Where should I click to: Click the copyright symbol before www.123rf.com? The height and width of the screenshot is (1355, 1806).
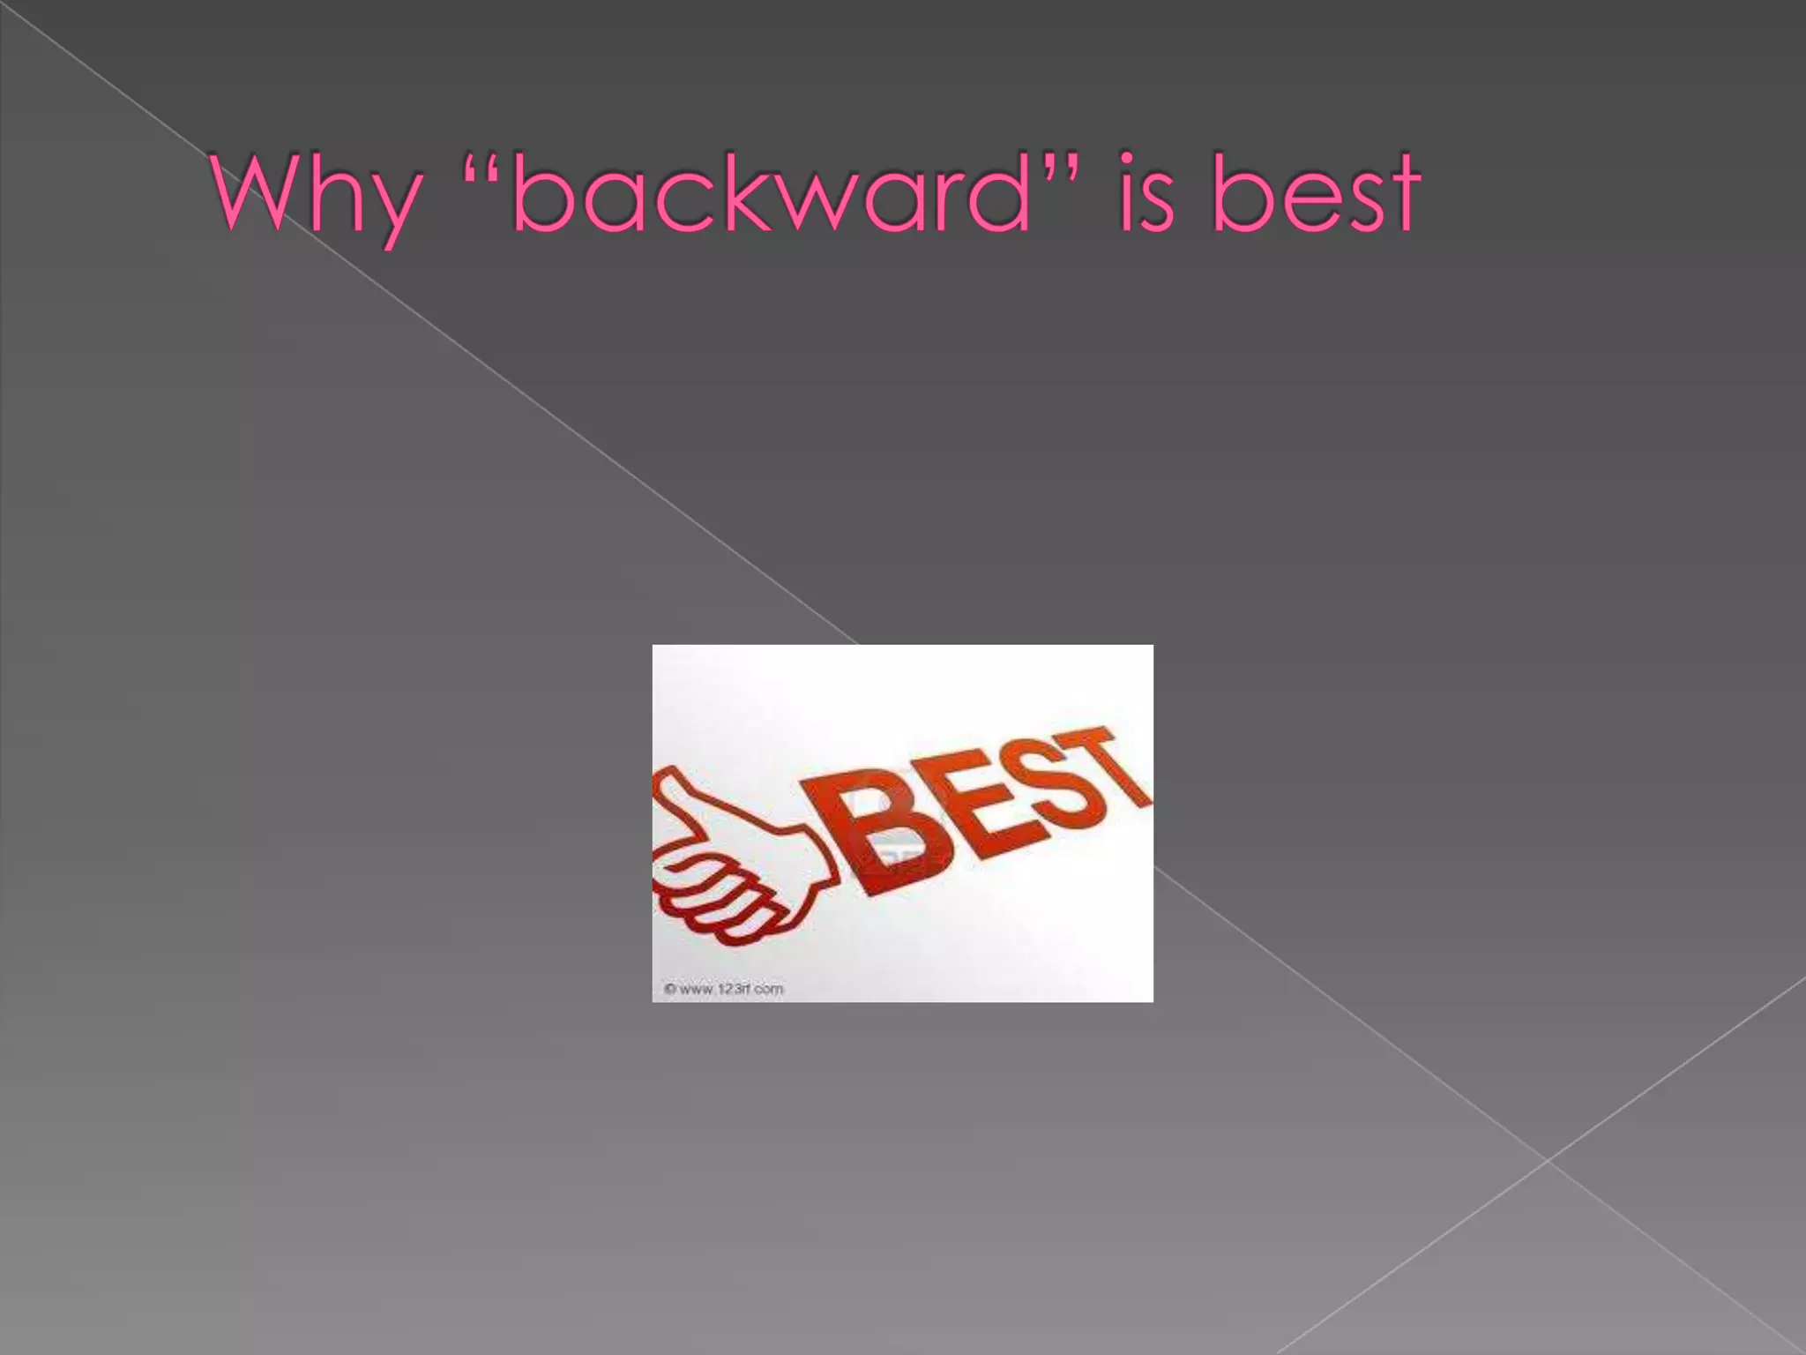(x=670, y=989)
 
